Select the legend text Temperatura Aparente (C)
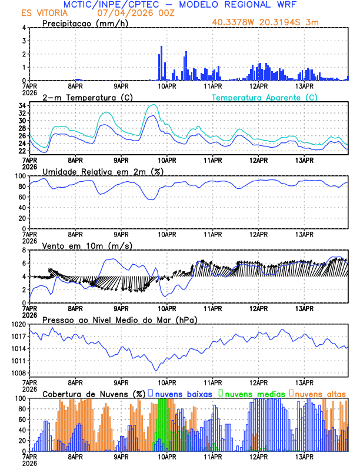[264, 97]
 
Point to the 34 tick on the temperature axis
[21, 106]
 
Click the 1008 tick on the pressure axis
[18, 373]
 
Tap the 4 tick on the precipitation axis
[24, 28]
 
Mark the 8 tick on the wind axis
[24, 250]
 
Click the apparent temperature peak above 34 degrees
[154, 105]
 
